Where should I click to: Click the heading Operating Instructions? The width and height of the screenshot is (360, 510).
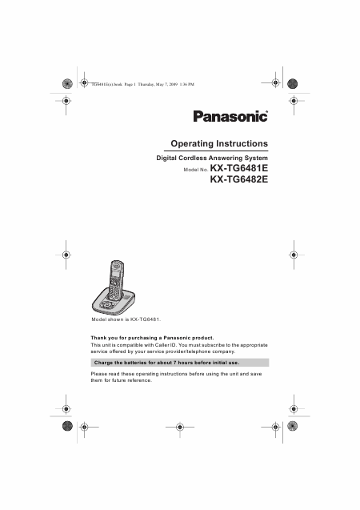[x=219, y=143]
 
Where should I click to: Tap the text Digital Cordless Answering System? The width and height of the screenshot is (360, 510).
[x=210, y=159]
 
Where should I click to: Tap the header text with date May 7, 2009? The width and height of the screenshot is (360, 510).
[x=140, y=83]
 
